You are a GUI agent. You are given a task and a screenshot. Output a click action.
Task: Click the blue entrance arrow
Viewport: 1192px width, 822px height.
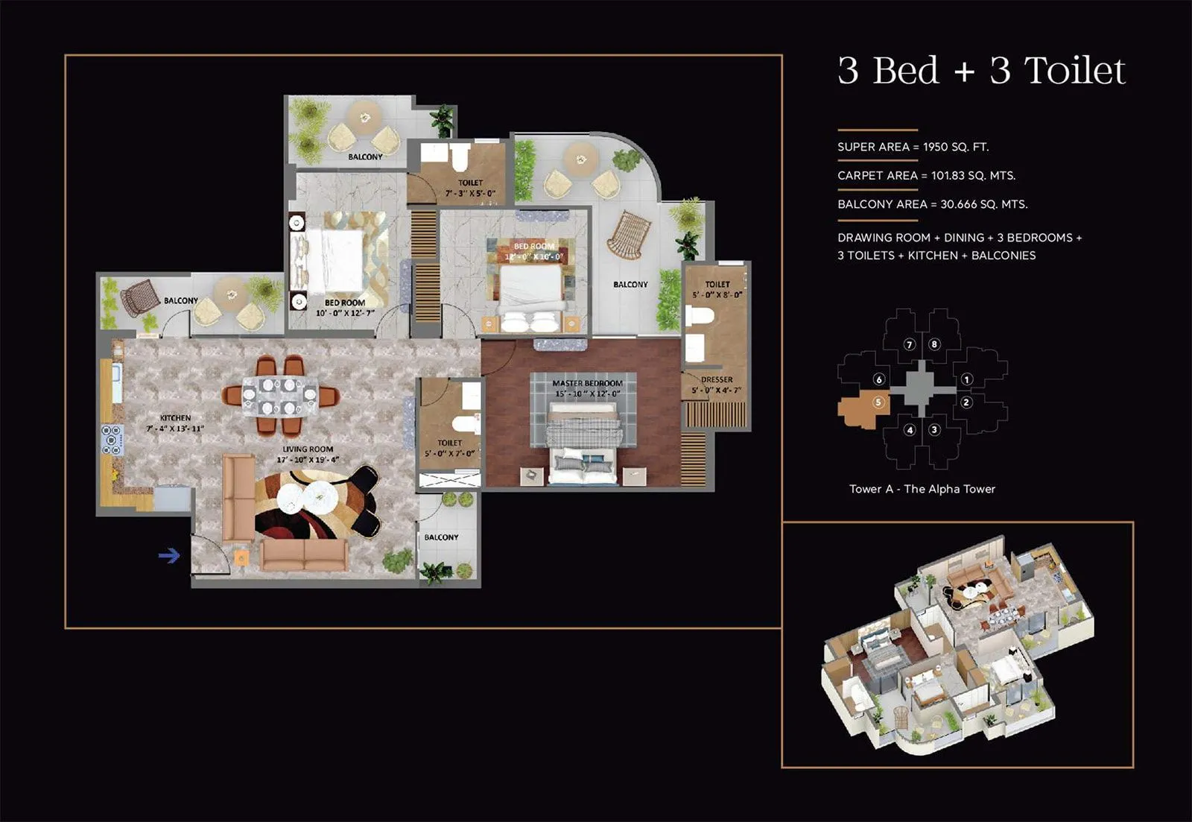[x=169, y=555]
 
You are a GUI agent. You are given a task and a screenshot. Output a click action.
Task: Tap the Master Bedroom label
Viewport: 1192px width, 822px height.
[x=587, y=388]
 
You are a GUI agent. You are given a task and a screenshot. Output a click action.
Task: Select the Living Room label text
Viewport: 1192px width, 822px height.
[x=307, y=454]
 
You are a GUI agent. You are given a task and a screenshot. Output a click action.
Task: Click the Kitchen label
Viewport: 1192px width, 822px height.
[x=175, y=423]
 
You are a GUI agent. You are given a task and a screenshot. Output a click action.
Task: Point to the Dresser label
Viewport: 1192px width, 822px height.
[x=716, y=385]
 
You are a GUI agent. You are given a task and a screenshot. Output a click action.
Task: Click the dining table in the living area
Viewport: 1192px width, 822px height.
[x=279, y=396]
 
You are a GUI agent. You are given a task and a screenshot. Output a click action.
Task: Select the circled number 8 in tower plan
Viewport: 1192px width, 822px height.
[x=933, y=344]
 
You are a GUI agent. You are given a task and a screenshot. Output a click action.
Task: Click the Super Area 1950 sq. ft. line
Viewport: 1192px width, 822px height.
[x=913, y=147]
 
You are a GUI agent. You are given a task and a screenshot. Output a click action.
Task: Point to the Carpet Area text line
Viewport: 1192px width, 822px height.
[x=926, y=176]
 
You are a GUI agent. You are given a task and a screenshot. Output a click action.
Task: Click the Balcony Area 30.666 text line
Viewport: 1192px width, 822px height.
[x=932, y=204]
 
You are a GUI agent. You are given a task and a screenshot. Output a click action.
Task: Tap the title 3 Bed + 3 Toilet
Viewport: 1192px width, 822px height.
[x=980, y=71]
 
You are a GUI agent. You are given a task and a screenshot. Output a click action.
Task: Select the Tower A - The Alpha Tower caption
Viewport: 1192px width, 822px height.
[x=922, y=489]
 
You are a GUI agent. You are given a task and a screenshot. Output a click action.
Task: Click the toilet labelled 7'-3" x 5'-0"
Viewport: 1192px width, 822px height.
[x=470, y=187]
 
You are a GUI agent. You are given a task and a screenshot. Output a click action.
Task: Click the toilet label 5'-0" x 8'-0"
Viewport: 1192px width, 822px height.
[x=717, y=289]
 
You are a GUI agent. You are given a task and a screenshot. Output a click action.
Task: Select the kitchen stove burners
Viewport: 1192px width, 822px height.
[x=112, y=439]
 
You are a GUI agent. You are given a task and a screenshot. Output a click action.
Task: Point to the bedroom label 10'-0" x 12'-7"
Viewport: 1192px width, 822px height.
[x=344, y=308]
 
